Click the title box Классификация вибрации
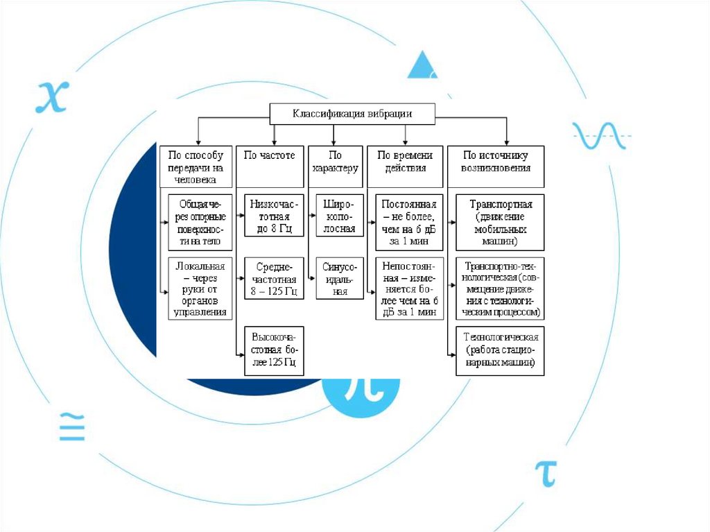352,114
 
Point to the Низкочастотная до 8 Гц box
274,216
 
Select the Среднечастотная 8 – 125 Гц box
274,278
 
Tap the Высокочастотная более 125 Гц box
274,350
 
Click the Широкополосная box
340,216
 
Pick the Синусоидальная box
340,278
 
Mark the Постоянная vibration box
408,223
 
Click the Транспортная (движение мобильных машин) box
500,223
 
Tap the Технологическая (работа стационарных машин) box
500,350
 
